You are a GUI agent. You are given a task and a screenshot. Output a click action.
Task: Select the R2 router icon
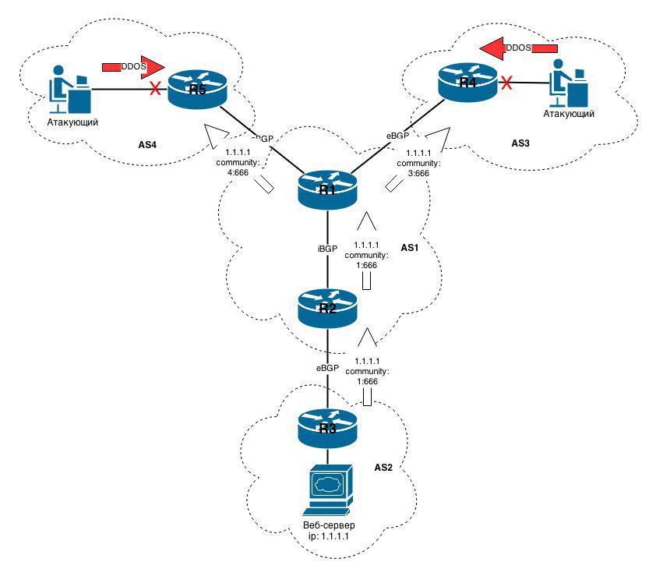click(x=328, y=306)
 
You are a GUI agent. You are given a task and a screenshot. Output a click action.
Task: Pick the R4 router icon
click(x=467, y=82)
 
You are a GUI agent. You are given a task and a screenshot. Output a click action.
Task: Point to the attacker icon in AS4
click(x=70, y=90)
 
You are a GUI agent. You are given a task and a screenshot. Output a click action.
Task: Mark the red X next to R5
click(x=155, y=89)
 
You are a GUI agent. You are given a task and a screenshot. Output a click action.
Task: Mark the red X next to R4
click(x=506, y=82)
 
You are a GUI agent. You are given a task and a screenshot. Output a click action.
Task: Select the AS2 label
click(x=382, y=468)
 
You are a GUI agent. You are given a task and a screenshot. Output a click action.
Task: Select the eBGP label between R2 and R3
click(x=326, y=366)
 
